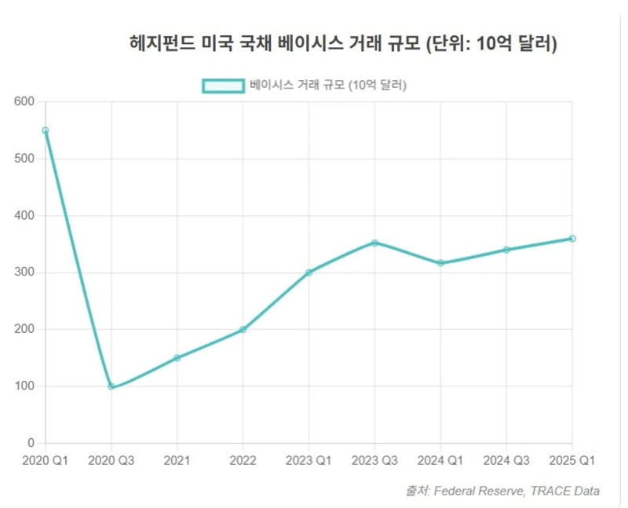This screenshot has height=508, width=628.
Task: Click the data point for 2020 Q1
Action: pyautogui.click(x=46, y=130)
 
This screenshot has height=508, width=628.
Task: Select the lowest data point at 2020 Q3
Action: pyautogui.click(x=111, y=386)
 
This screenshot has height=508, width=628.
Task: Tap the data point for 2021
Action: pyautogui.click(x=177, y=357)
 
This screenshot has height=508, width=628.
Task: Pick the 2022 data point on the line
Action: pyautogui.click(x=243, y=329)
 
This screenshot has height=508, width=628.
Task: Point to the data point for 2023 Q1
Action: pyautogui.click(x=309, y=272)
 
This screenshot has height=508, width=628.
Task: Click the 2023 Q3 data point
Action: pyautogui.click(x=374, y=243)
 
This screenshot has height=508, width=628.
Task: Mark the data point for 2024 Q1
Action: pyautogui.click(x=440, y=263)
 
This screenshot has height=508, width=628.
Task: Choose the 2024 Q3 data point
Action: pyautogui.click(x=506, y=250)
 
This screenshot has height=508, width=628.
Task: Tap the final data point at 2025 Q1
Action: pyautogui.click(x=572, y=239)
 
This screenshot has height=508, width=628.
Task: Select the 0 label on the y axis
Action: pyautogui.click(x=31, y=443)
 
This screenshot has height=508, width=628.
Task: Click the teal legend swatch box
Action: pyautogui.click(x=223, y=85)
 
